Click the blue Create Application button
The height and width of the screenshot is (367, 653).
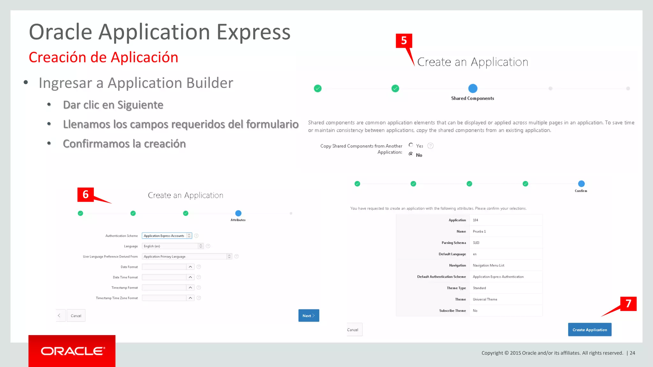click(x=590, y=330)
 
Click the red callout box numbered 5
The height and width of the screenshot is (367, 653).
click(x=404, y=40)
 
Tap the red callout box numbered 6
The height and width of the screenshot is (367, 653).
click(x=85, y=194)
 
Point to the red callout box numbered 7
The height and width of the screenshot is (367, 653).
click(x=628, y=304)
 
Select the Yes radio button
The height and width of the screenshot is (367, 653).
click(x=411, y=145)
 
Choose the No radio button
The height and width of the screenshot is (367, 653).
click(x=411, y=154)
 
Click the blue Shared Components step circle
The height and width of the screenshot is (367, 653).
click(x=473, y=88)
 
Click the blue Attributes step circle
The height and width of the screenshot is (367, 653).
click(x=238, y=213)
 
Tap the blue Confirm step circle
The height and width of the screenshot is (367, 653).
click(x=581, y=184)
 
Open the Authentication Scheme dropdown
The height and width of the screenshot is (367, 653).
click(x=167, y=236)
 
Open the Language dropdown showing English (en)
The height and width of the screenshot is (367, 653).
click(x=172, y=246)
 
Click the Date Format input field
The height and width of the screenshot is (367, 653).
click(x=164, y=267)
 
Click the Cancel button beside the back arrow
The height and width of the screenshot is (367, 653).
click(x=76, y=316)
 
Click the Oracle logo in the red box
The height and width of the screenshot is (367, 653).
click(x=72, y=351)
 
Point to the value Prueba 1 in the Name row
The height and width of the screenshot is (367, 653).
click(x=479, y=232)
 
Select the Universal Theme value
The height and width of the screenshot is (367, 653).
click(x=485, y=299)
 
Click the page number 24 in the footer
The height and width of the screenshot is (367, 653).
click(x=632, y=353)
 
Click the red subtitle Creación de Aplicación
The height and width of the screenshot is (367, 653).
click(x=103, y=57)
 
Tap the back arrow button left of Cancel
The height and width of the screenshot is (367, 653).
click(x=59, y=316)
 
